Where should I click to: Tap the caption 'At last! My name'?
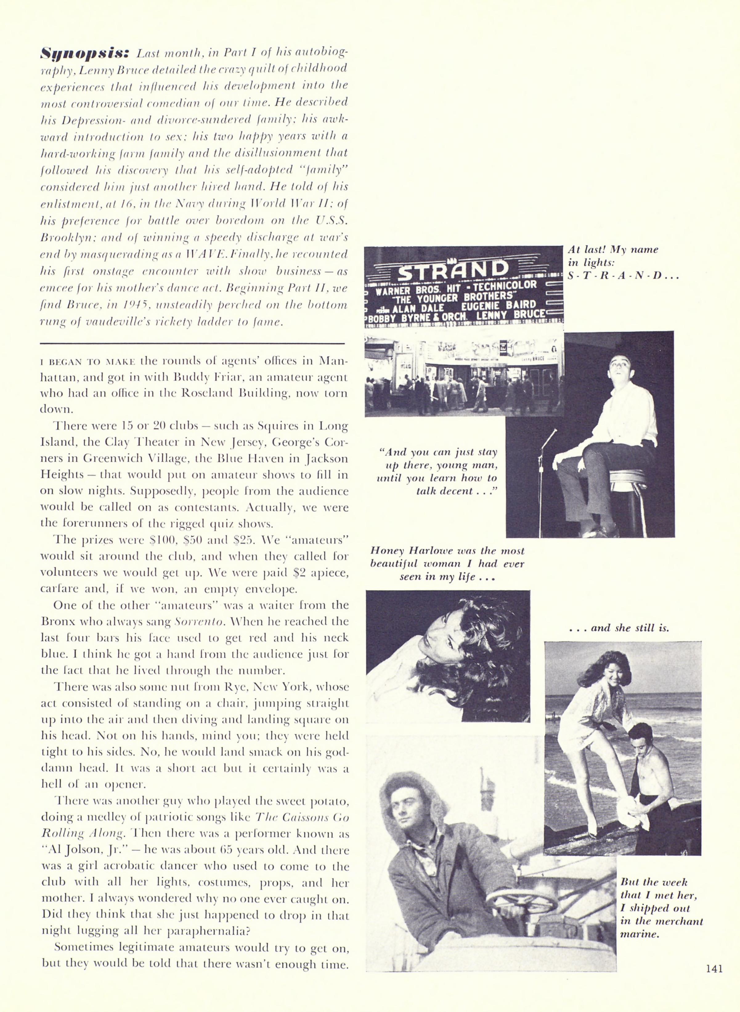click(613, 249)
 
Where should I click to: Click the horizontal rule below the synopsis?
click(192, 343)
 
